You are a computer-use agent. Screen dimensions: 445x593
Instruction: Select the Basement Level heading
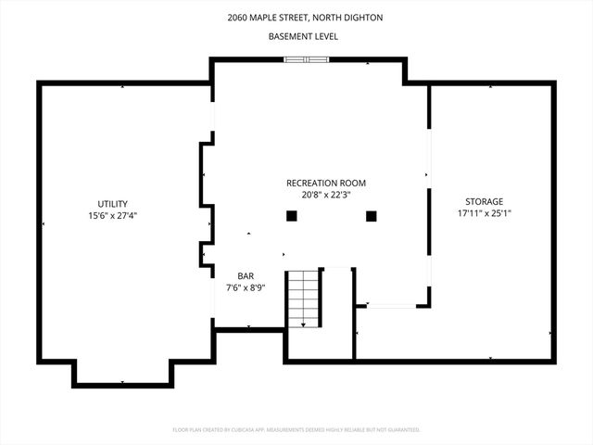(x=303, y=36)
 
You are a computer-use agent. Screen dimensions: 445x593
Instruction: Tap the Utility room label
(x=113, y=204)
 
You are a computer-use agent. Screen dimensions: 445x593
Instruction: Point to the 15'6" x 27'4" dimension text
(x=113, y=215)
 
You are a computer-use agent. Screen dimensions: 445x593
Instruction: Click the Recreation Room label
(x=321, y=183)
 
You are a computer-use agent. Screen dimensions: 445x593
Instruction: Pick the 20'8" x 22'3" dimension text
(x=321, y=195)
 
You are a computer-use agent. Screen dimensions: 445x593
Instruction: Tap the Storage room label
(x=484, y=201)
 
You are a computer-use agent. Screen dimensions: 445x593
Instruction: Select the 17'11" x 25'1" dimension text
(x=484, y=213)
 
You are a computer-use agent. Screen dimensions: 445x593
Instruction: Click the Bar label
(x=246, y=276)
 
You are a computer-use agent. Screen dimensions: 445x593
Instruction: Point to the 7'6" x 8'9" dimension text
(x=246, y=287)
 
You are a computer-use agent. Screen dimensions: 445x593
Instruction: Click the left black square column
(x=291, y=216)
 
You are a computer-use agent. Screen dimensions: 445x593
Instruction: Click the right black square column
(x=372, y=216)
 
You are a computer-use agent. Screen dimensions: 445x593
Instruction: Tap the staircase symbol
(x=302, y=297)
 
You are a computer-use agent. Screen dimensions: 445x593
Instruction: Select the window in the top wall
(x=306, y=60)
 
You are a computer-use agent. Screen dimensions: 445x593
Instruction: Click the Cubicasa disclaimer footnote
(x=296, y=429)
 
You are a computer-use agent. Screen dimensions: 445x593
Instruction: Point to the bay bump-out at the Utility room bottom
(x=123, y=373)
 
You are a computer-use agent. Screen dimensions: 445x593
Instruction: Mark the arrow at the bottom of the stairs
(x=303, y=324)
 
